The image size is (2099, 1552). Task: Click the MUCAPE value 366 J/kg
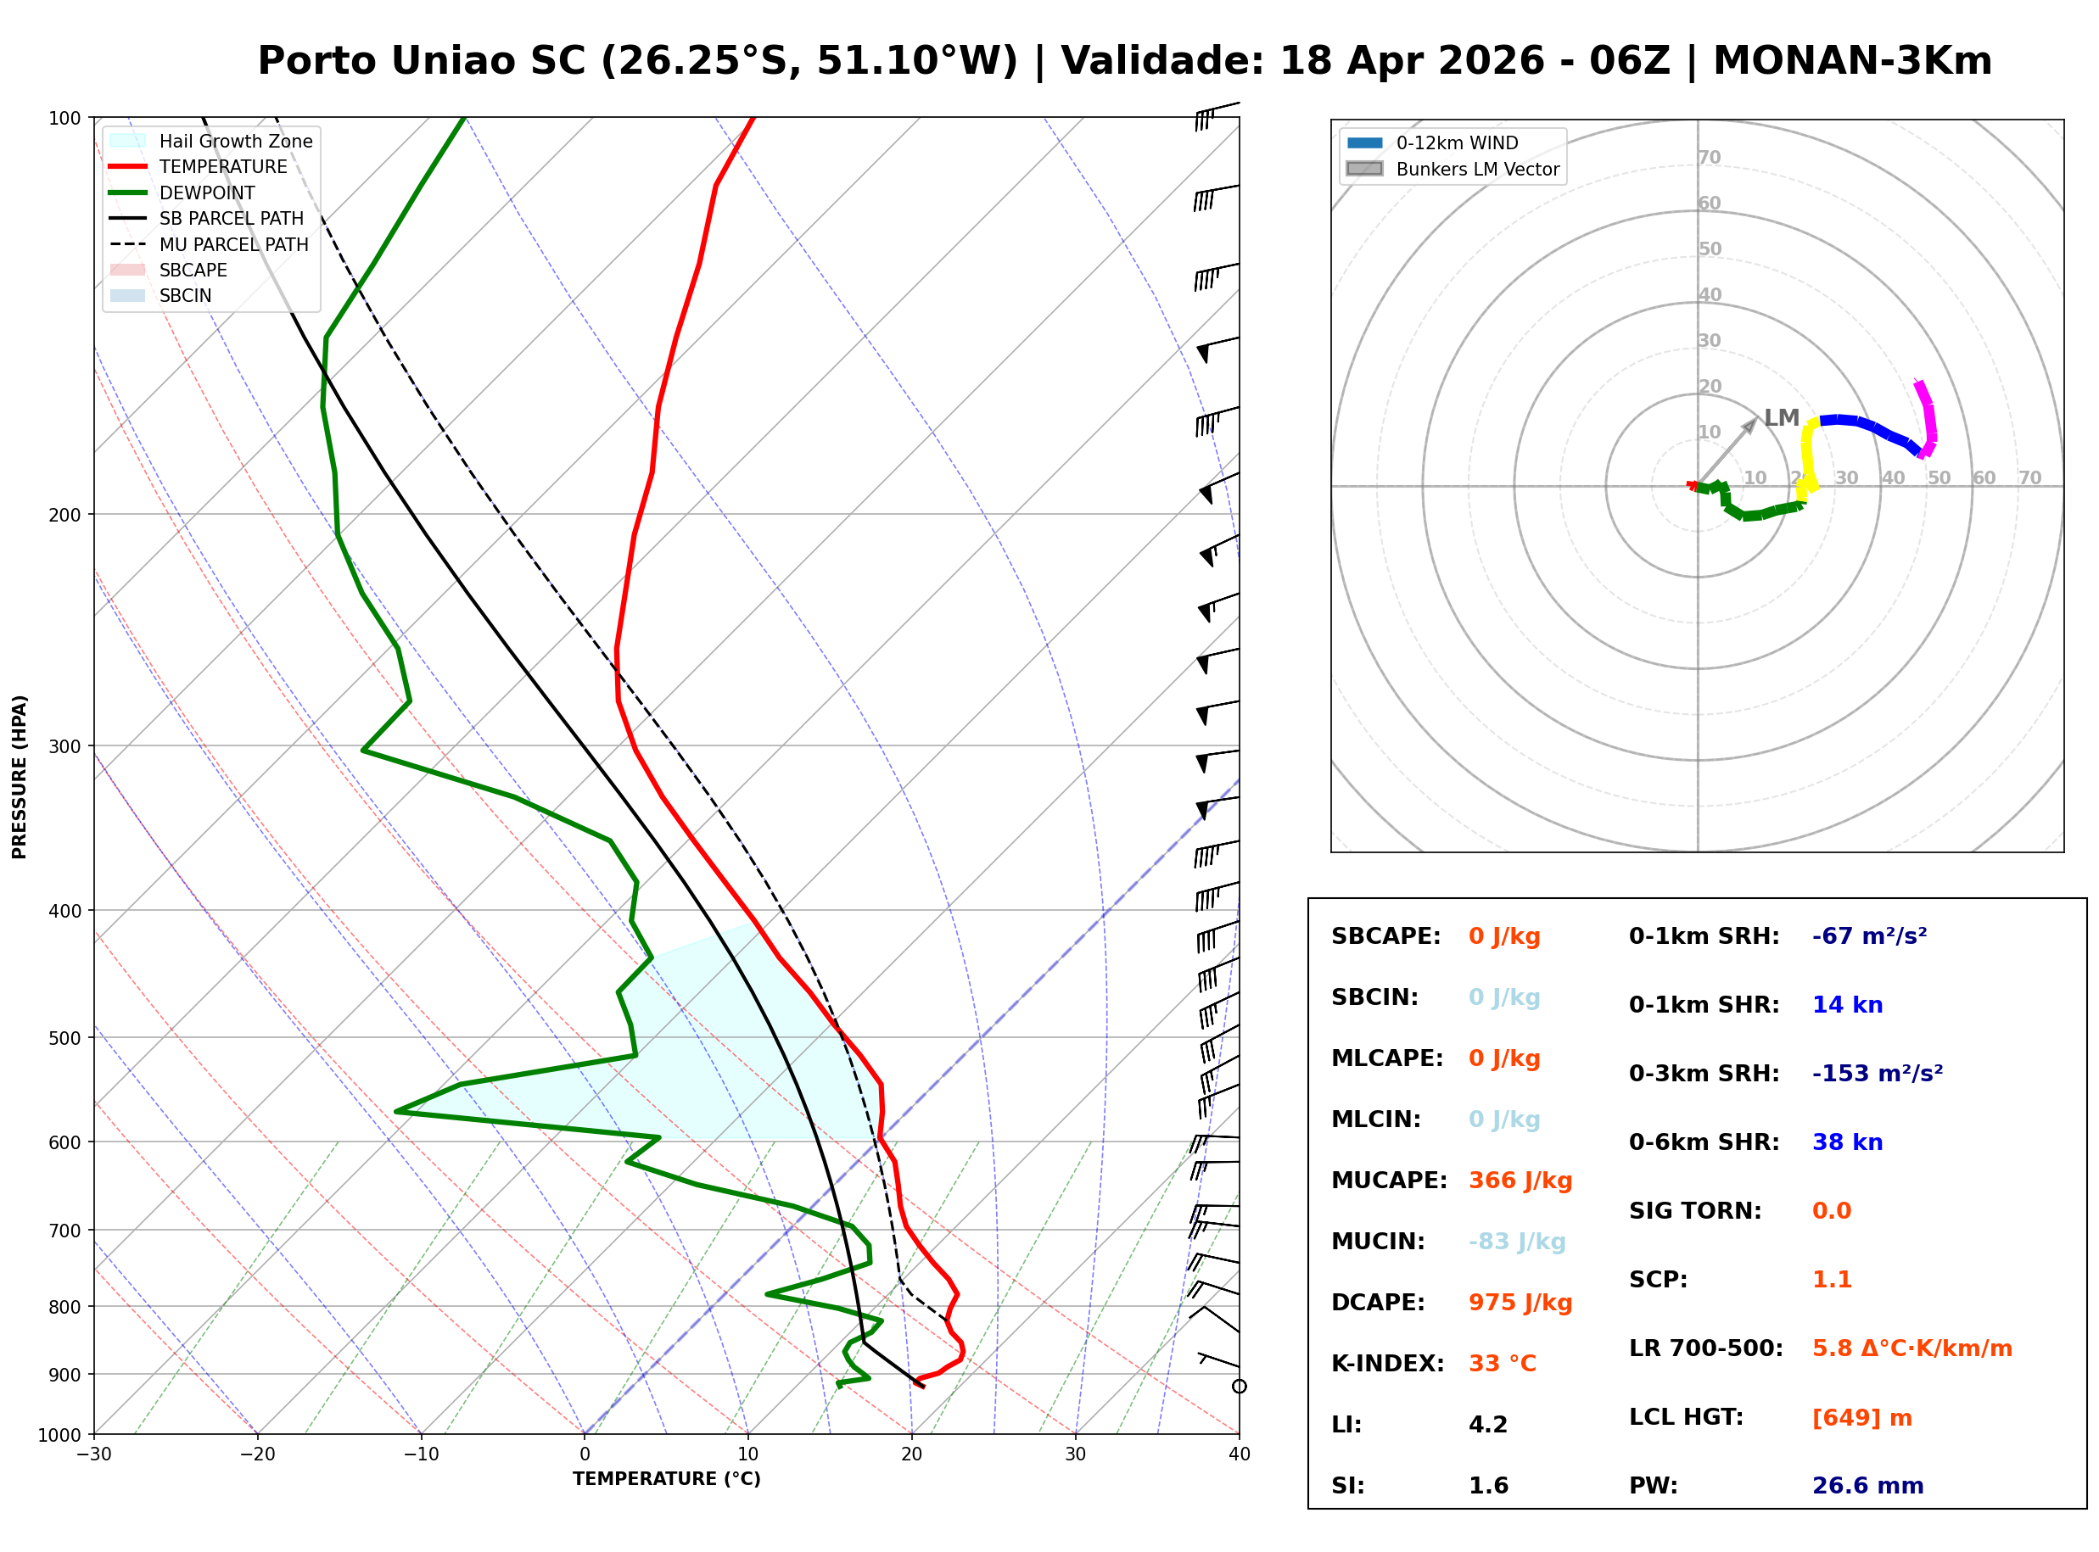point(1520,1180)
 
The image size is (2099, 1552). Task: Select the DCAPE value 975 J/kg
point(1520,1302)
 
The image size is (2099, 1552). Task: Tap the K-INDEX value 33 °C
point(1502,1363)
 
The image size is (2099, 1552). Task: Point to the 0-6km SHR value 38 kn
point(1846,1142)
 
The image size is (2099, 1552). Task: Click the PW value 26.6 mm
point(1867,1485)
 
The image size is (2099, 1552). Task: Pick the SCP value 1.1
point(1831,1280)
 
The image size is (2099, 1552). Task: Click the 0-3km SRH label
point(1704,1073)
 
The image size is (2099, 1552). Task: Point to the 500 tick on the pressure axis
point(66,1038)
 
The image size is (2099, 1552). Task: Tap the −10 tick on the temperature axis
point(420,1454)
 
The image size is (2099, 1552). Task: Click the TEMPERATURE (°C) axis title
point(666,1479)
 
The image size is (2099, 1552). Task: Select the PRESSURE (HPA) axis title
point(20,776)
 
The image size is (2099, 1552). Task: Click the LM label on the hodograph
point(1781,418)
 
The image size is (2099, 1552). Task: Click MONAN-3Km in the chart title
point(1852,61)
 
